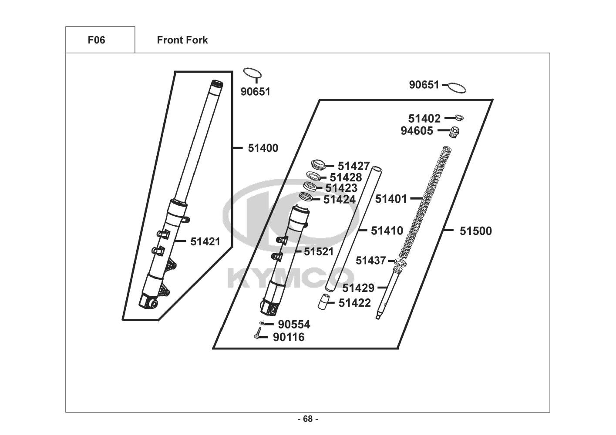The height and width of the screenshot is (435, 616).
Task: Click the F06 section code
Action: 96,40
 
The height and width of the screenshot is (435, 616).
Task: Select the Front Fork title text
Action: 182,40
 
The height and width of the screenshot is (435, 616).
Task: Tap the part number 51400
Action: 263,148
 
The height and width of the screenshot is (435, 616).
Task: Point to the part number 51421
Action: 205,241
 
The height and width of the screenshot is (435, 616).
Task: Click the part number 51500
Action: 475,231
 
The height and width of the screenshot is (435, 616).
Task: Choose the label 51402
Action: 424,118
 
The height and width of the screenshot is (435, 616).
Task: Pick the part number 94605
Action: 417,130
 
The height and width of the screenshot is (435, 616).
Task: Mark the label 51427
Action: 353,166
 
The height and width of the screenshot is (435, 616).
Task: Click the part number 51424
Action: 340,200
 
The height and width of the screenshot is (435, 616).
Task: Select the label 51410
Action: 387,231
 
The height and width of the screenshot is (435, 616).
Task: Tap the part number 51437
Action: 370,261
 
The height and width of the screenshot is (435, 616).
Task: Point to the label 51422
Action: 355,303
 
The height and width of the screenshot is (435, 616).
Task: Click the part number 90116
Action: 289,337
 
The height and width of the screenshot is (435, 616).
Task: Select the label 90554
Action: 294,325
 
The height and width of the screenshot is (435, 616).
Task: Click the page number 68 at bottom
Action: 308,419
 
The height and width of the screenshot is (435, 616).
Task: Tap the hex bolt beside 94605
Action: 454,131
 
